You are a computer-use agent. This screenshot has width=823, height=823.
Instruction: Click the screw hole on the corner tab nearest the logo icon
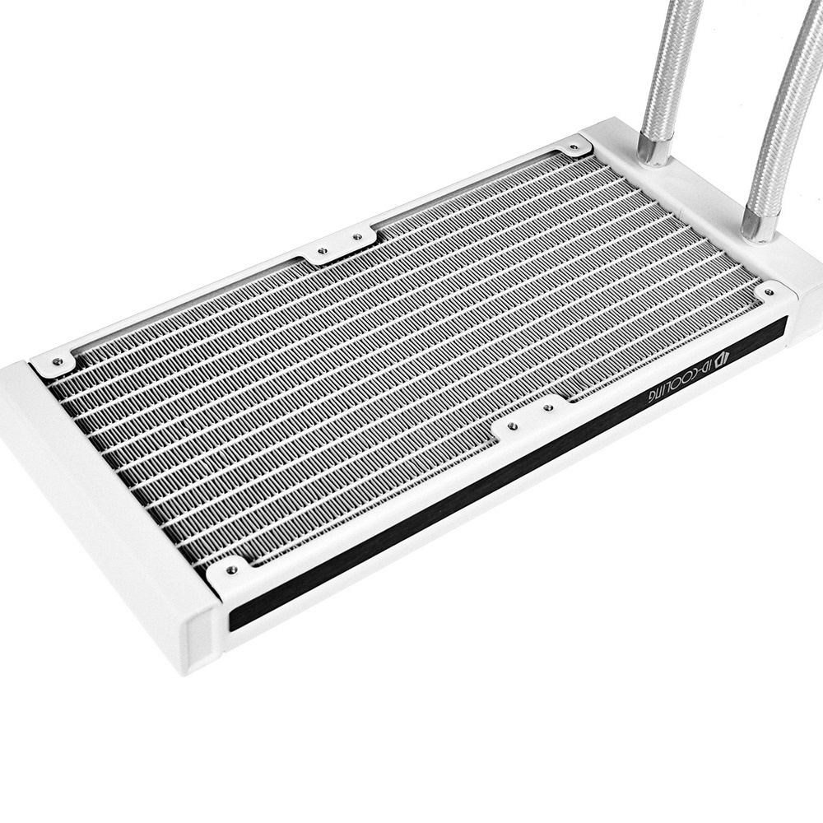[770, 292]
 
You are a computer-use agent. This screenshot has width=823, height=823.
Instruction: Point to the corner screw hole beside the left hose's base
[573, 146]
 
